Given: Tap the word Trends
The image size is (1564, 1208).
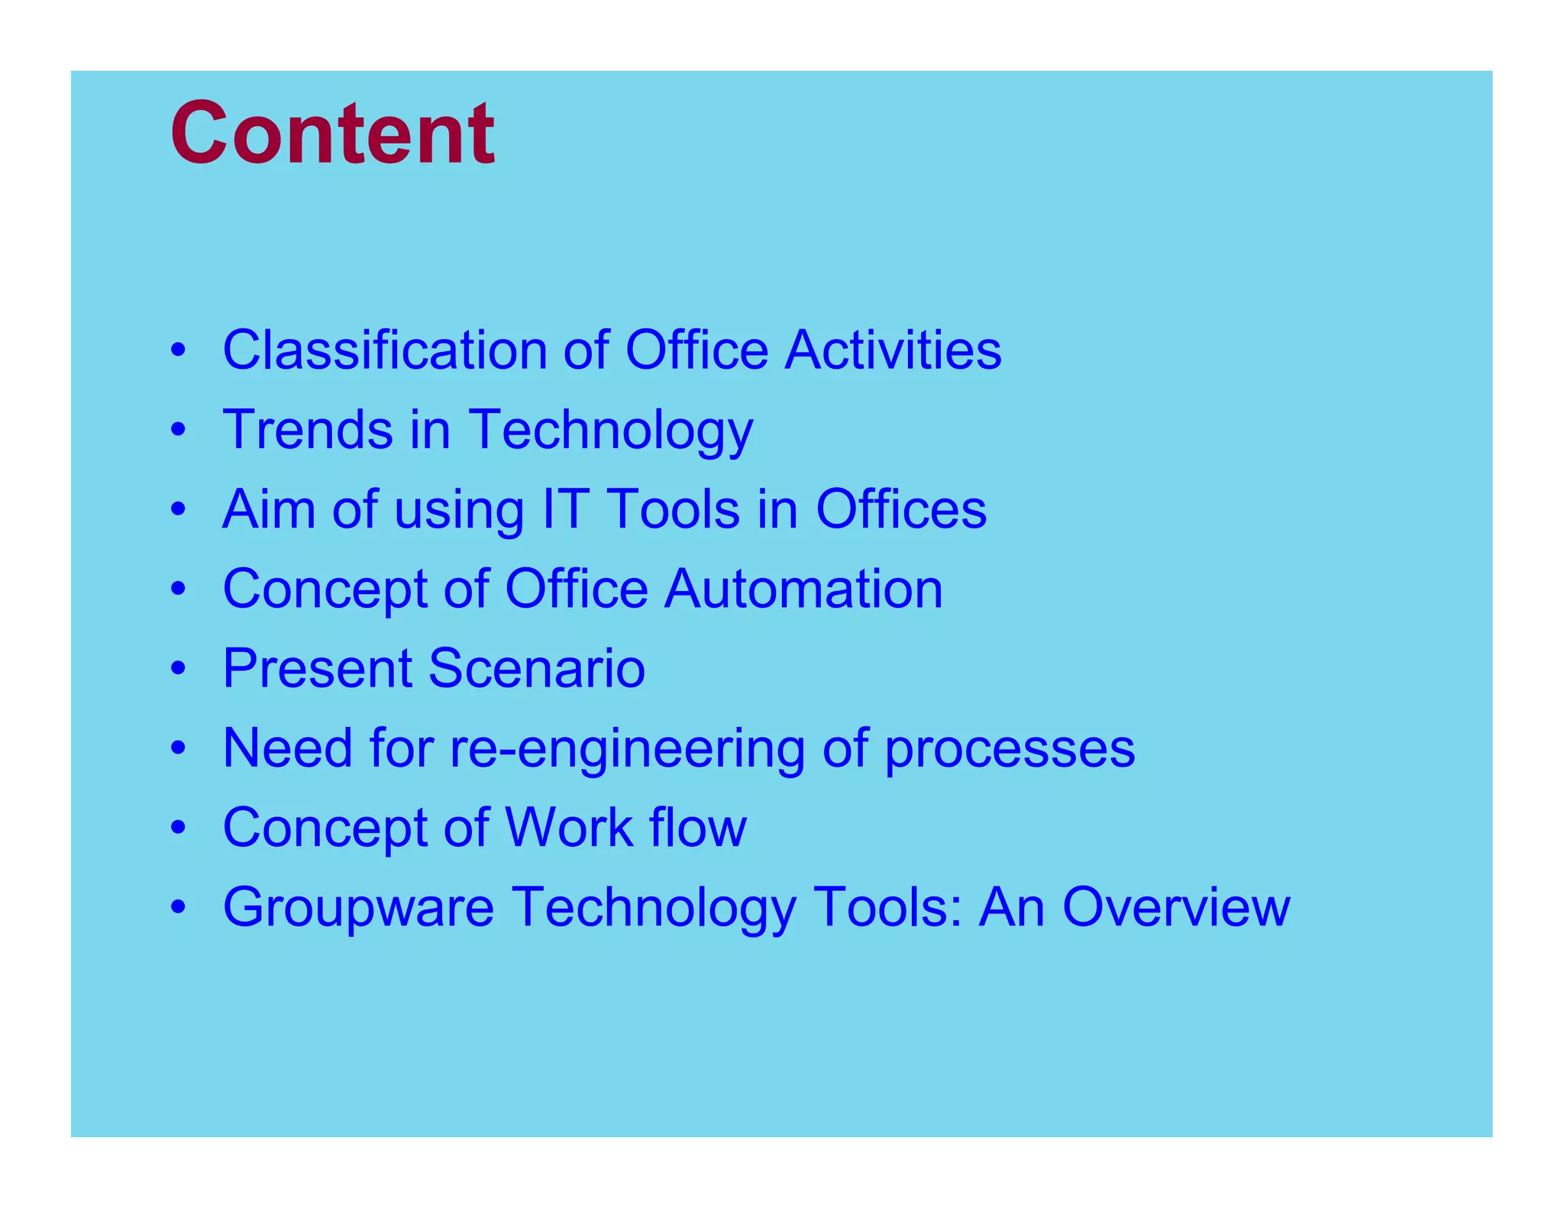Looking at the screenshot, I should (307, 429).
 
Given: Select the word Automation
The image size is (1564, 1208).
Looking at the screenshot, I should (803, 589).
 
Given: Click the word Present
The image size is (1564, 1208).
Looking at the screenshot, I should (317, 668).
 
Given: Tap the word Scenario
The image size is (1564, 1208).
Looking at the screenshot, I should (537, 668).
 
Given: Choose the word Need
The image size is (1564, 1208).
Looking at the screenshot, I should (288, 748).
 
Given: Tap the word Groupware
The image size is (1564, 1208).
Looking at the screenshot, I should (358, 908).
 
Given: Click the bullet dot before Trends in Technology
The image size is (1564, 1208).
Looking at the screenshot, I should (179, 430).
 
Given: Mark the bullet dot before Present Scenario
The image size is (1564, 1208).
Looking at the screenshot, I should (179, 669).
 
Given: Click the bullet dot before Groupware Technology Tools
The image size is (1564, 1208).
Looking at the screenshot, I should (179, 907).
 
